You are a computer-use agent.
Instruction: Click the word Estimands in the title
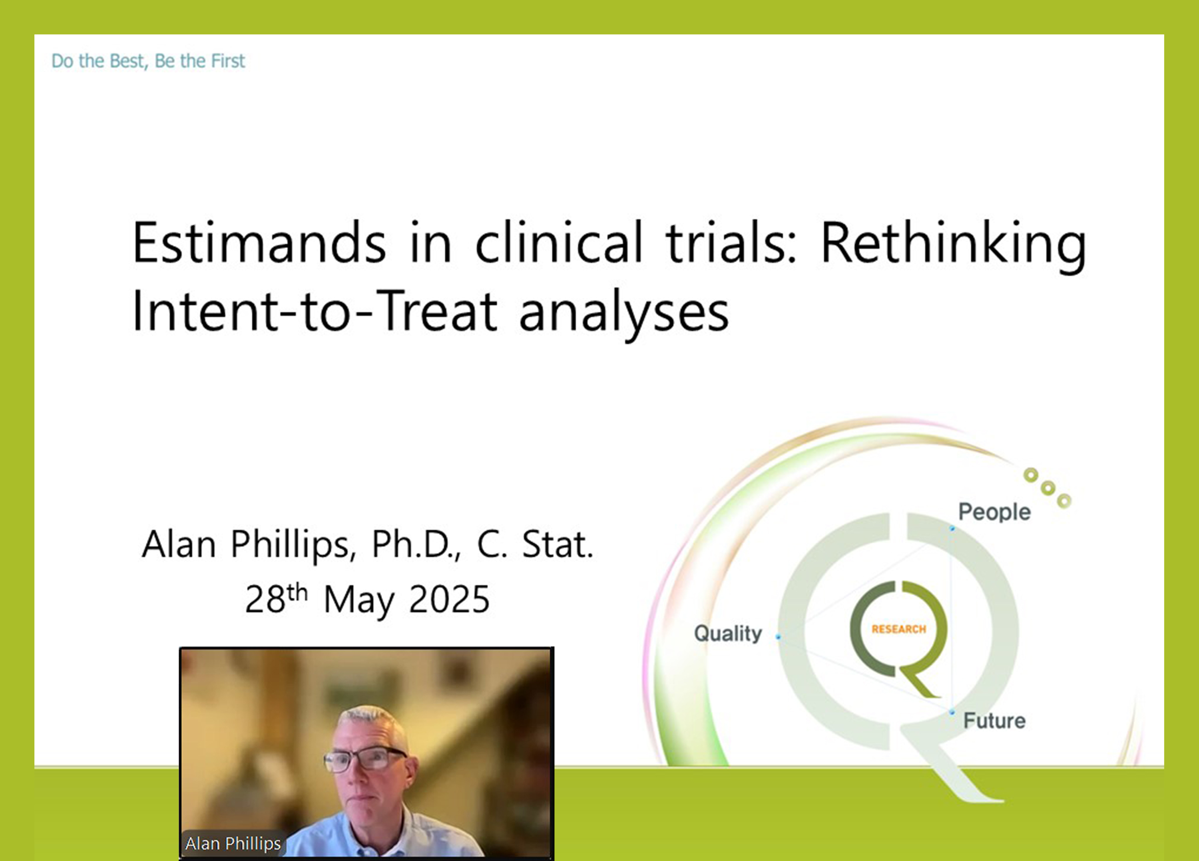pyautogui.click(x=259, y=242)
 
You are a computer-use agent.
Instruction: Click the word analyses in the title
pyautogui.click(x=624, y=315)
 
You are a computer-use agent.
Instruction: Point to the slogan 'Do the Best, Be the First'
pyautogui.click(x=148, y=61)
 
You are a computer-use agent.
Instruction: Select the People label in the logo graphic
pyautogui.click(x=994, y=512)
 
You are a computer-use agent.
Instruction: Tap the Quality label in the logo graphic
pyautogui.click(x=728, y=634)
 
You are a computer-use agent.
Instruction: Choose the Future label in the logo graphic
pyautogui.click(x=994, y=721)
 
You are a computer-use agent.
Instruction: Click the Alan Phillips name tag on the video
pyautogui.click(x=233, y=843)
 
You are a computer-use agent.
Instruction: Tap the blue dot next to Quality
pyautogui.click(x=778, y=637)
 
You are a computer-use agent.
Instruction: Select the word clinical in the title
pyautogui.click(x=559, y=242)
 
